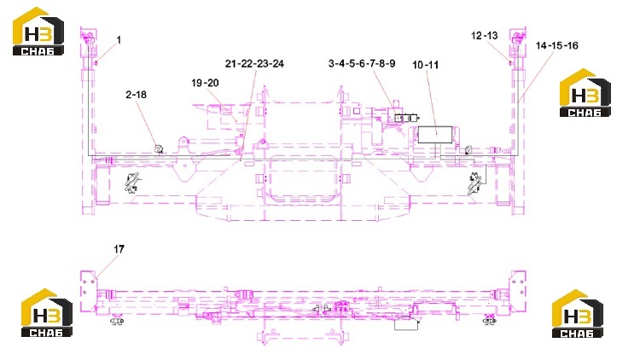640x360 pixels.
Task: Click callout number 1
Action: (x=119, y=40)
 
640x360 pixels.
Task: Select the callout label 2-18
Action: (x=136, y=95)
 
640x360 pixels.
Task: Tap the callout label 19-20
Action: (x=205, y=83)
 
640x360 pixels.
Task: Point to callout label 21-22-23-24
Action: (x=254, y=64)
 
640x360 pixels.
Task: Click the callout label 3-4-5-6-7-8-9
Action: (x=362, y=64)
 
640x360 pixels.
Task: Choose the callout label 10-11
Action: (x=425, y=65)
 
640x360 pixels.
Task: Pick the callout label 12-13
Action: (x=485, y=36)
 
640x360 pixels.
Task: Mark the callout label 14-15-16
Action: (x=556, y=45)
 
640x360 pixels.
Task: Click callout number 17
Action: (x=119, y=249)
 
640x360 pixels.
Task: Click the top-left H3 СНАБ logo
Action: (x=38, y=31)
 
